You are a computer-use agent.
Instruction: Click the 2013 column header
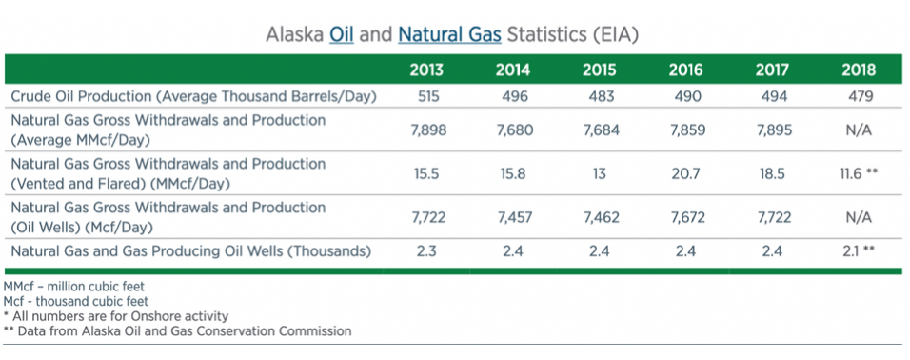426,70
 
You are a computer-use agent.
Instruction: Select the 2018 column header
859,70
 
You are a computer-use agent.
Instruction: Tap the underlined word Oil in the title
342,35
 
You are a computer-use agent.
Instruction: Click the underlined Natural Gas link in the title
450,35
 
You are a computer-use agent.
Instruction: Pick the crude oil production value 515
428,96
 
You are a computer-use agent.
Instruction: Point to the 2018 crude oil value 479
861,96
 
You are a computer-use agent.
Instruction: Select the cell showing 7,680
514,130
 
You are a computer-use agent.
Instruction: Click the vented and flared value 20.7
687,173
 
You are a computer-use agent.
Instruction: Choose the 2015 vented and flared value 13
601,173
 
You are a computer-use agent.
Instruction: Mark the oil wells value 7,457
514,217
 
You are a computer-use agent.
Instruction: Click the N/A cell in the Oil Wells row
861,217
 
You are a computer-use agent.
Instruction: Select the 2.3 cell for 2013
427,250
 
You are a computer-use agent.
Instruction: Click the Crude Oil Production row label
194,96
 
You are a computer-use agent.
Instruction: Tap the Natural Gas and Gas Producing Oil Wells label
191,251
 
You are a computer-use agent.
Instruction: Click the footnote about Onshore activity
116,316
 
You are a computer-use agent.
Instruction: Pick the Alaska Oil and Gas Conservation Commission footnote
178,331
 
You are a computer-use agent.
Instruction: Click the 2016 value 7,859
687,130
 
